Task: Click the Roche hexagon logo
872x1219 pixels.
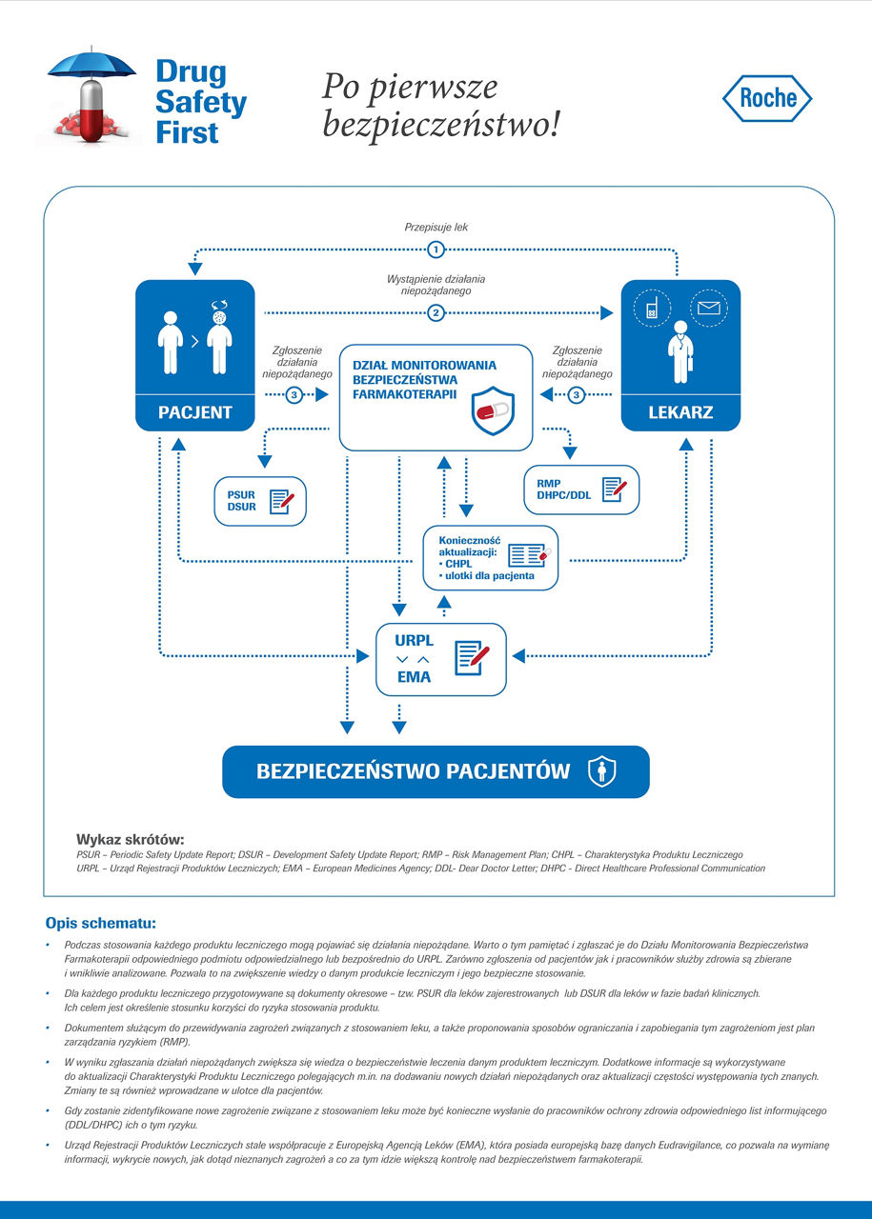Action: pos(767,98)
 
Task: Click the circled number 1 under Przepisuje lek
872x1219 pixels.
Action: pos(436,250)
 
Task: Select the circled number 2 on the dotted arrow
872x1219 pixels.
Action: pos(436,312)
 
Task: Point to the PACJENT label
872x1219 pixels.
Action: pos(195,413)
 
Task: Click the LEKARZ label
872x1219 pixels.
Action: pos(680,413)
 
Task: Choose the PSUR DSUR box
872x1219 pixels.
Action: pos(260,501)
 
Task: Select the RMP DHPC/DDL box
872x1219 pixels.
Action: pos(581,490)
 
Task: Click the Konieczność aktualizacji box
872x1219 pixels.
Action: pos(490,557)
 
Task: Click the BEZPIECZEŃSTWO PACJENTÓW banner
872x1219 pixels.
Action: pos(436,771)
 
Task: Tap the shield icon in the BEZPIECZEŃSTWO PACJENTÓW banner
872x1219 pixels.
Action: pos(600,771)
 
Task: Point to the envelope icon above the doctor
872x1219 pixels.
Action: pos(708,308)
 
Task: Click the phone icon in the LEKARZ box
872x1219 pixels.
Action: pos(653,309)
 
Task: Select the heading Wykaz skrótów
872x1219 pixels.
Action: pos(130,839)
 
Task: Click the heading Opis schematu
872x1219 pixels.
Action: pos(100,923)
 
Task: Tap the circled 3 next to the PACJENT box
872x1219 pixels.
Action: pos(294,395)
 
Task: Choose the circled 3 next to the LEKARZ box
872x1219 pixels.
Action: pos(576,395)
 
